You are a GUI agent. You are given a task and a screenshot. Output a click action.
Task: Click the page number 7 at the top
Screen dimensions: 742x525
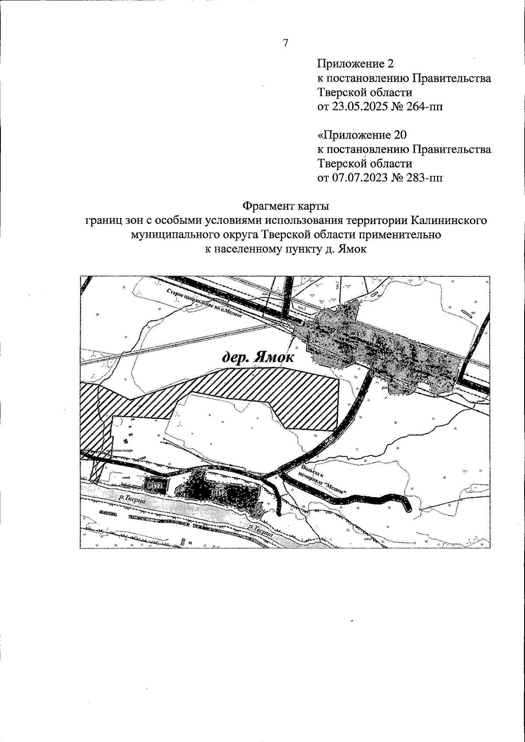pyautogui.click(x=285, y=43)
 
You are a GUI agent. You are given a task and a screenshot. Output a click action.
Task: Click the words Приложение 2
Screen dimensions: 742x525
pyautogui.click(x=355, y=64)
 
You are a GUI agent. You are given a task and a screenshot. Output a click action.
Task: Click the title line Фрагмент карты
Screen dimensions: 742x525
pyautogui.click(x=286, y=205)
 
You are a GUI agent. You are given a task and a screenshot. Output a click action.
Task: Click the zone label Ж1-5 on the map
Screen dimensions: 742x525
pyautogui.click(x=357, y=334)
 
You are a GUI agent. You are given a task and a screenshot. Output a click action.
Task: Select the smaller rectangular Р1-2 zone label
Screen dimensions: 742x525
pyautogui.click(x=155, y=485)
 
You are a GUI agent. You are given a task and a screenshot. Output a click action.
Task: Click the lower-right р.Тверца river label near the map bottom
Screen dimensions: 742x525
pyautogui.click(x=260, y=532)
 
